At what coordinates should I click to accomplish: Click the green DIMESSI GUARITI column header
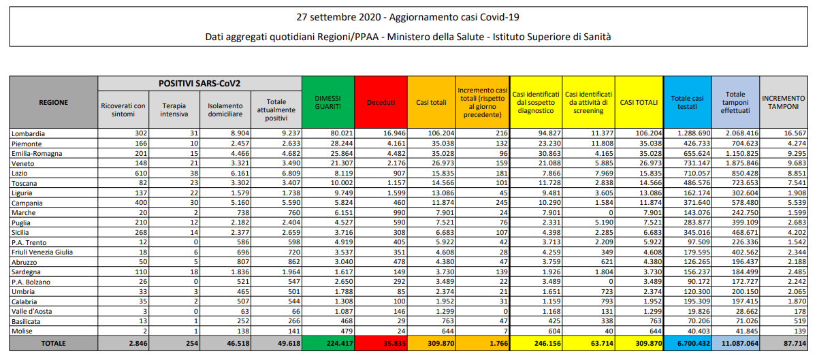pos(328,102)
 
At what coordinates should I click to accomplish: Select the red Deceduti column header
pos(381,102)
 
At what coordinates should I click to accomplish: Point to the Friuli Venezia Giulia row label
pos(42,252)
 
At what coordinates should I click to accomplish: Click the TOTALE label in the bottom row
pos(53,342)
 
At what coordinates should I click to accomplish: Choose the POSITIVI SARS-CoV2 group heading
pos(199,83)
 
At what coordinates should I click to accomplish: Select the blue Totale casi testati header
pos(687,102)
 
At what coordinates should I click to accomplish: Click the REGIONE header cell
pos(53,102)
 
